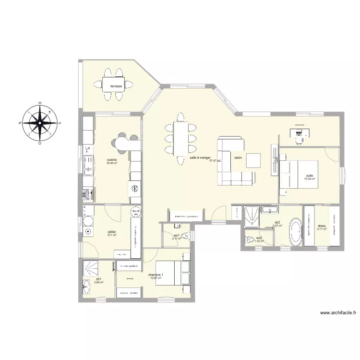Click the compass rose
pos(39,122)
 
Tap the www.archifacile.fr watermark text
pos(338,312)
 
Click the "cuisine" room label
pos(112,160)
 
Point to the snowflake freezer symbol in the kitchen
pos(135,187)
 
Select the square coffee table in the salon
pos(253,160)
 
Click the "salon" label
pos(238,157)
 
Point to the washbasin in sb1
pos(87,288)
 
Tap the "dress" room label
pos(322,226)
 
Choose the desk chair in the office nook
pos(300,139)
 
